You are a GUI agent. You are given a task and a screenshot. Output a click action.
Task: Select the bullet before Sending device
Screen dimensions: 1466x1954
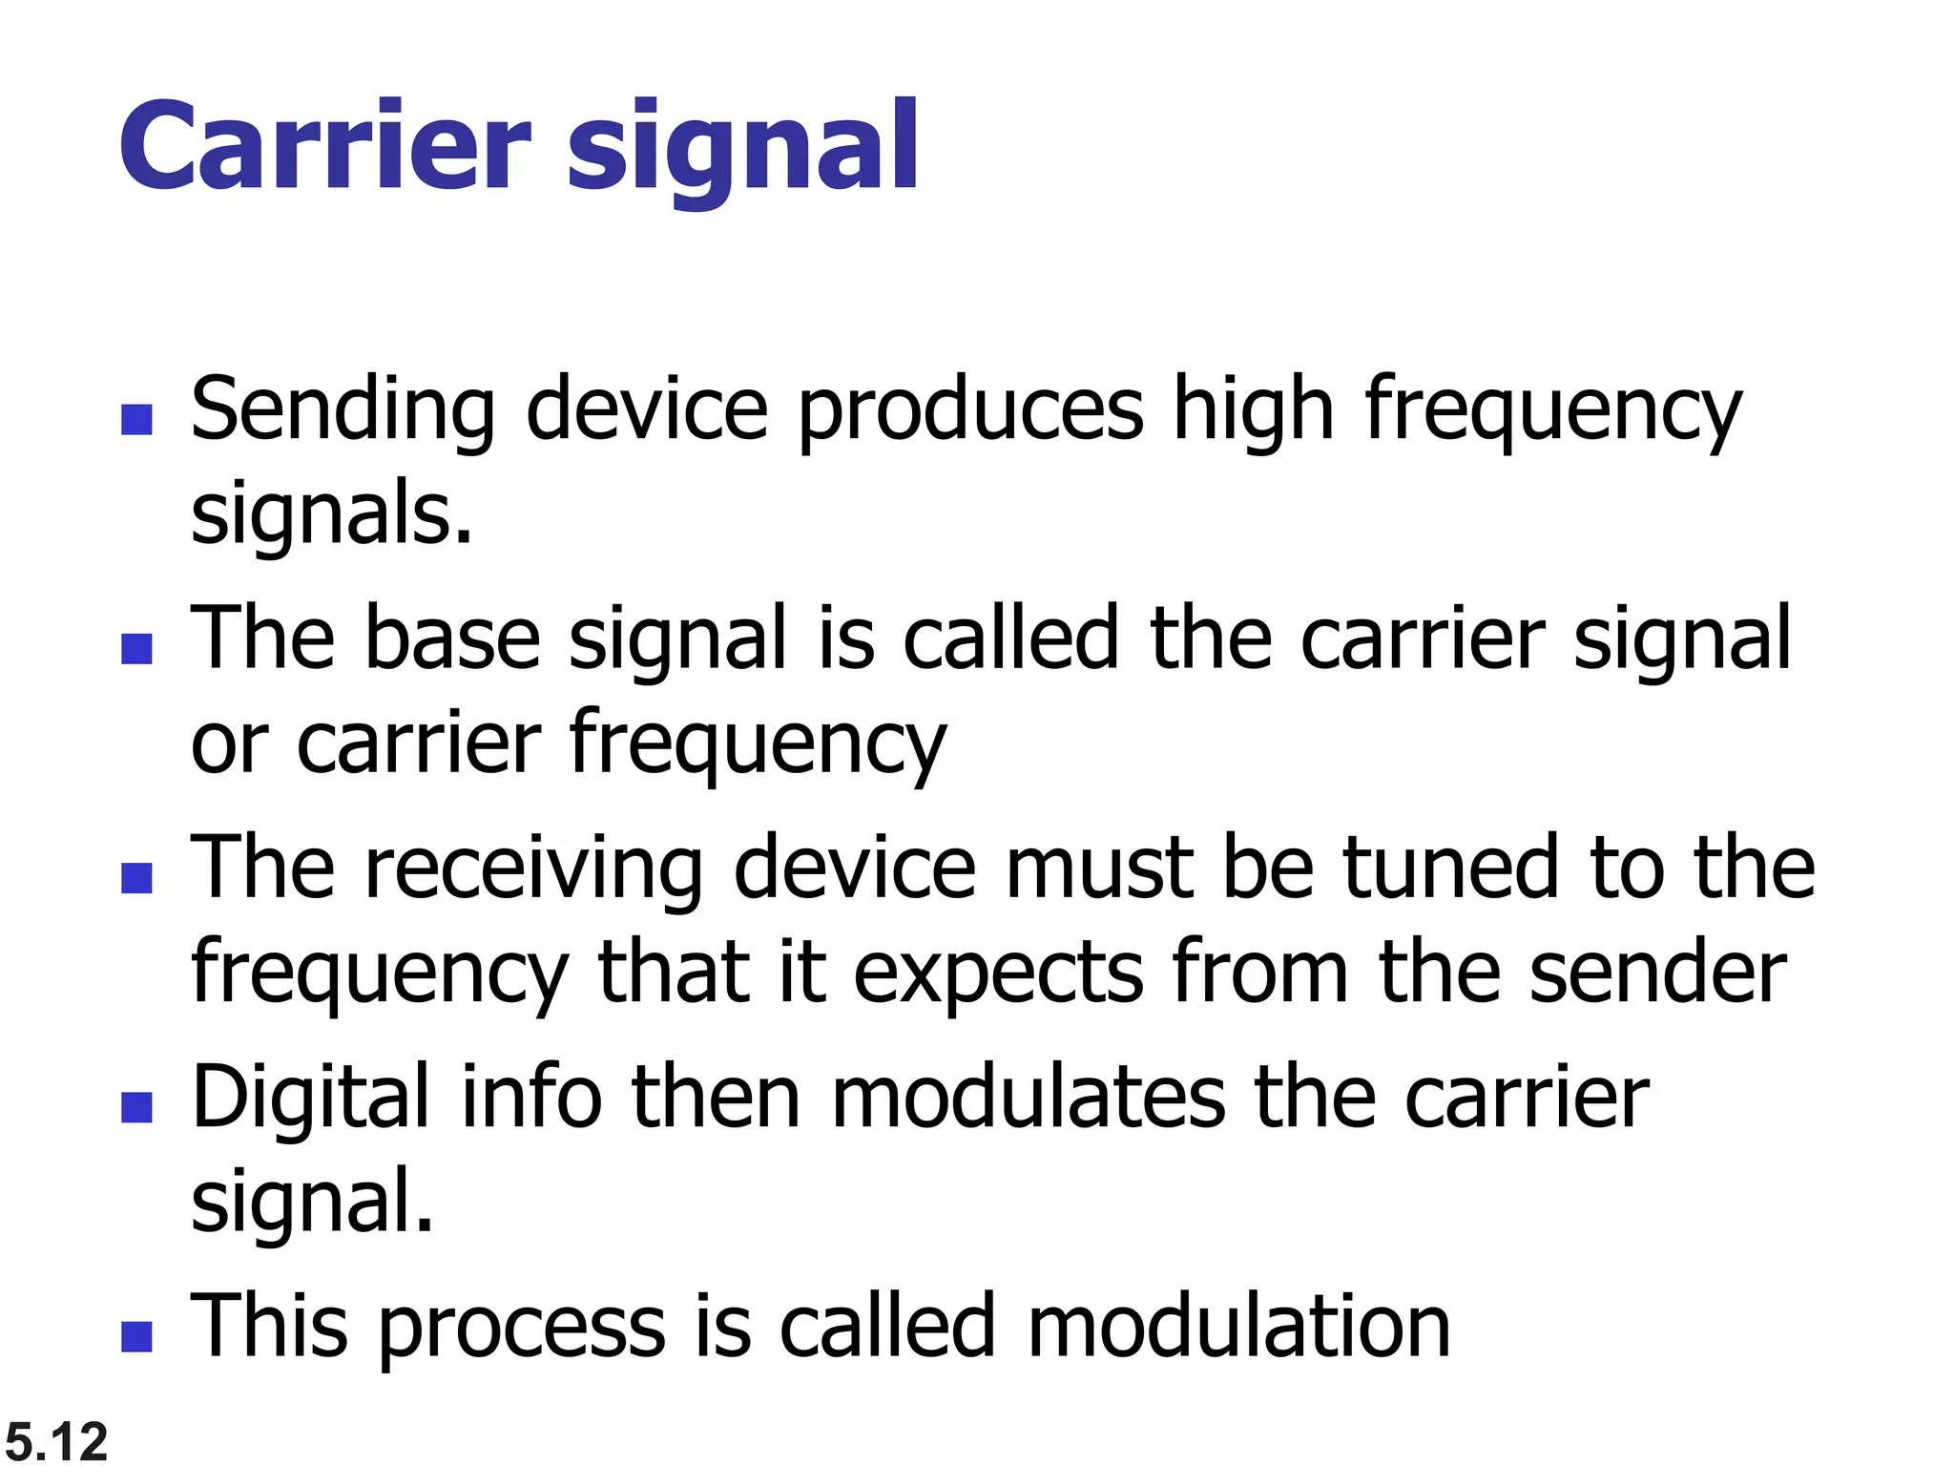click(137, 420)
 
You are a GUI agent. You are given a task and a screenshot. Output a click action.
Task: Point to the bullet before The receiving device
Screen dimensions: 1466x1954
click(137, 877)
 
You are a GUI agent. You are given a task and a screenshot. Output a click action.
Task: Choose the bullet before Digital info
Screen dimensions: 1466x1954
click(137, 1107)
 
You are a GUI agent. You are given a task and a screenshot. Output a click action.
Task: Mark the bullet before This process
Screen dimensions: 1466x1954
click(137, 1336)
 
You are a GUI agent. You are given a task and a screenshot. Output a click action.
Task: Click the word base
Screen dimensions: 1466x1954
click(452, 639)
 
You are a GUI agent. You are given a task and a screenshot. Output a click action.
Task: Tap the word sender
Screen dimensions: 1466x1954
click(1658, 974)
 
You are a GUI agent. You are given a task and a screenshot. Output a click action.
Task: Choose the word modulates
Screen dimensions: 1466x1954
click(1028, 1098)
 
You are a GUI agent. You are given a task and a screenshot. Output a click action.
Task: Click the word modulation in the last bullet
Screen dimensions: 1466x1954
click(1238, 1327)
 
